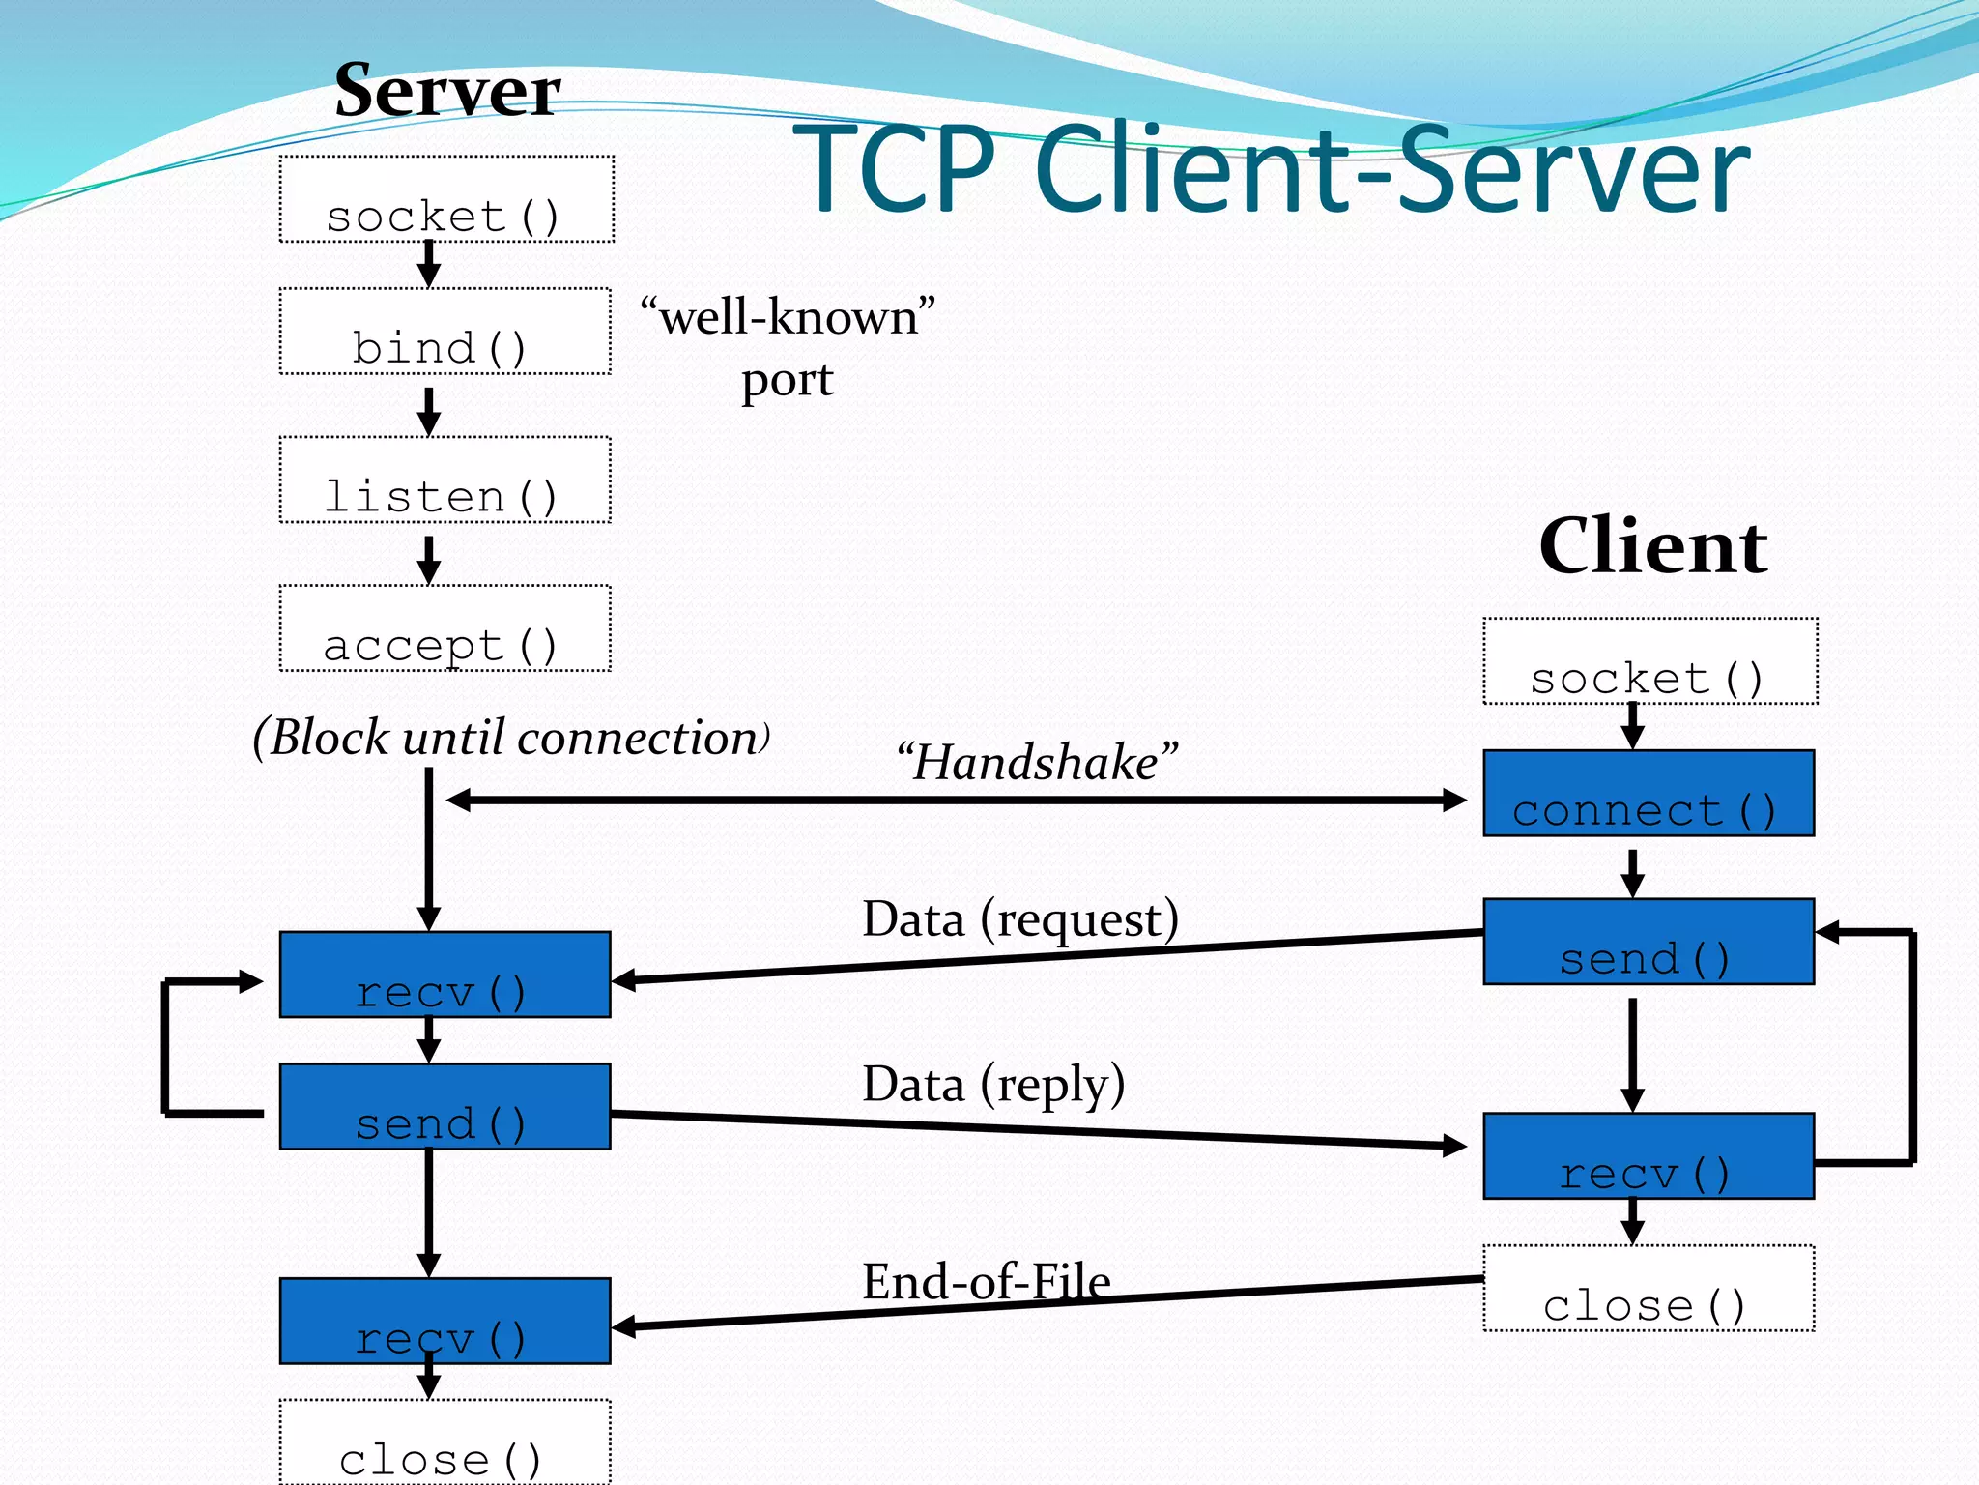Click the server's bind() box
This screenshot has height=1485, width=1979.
pyautogui.click(x=445, y=332)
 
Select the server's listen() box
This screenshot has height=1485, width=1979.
pyautogui.click(x=445, y=480)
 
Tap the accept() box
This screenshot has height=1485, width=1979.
pyautogui.click(x=445, y=628)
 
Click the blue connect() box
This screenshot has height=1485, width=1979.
pyautogui.click(x=1649, y=793)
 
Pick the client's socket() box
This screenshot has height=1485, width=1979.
pyautogui.click(x=1649, y=661)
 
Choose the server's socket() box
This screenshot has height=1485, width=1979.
pyautogui.click(x=445, y=199)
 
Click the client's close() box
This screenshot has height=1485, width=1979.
pyautogui.click(x=1649, y=1289)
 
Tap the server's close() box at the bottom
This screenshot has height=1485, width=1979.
pyautogui.click(x=445, y=1442)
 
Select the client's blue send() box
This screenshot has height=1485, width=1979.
pyautogui.click(x=1649, y=942)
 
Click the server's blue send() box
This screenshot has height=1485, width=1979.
pyautogui.click(x=445, y=1107)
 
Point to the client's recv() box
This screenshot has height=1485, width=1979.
pyautogui.click(x=1649, y=1156)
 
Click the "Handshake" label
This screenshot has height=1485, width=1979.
pyautogui.click(x=1037, y=762)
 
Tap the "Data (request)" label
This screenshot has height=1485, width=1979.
pyautogui.click(x=1019, y=918)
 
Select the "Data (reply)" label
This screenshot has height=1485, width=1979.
pyautogui.click(x=993, y=1084)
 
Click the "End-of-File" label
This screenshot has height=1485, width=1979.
pyautogui.click(x=986, y=1282)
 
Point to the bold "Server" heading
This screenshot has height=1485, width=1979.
pyautogui.click(x=447, y=91)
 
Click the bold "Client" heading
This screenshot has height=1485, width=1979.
pyautogui.click(x=1653, y=546)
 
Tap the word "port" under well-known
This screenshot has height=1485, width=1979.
pyautogui.click(x=787, y=380)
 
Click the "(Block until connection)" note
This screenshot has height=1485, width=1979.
pyautogui.click(x=510, y=738)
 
